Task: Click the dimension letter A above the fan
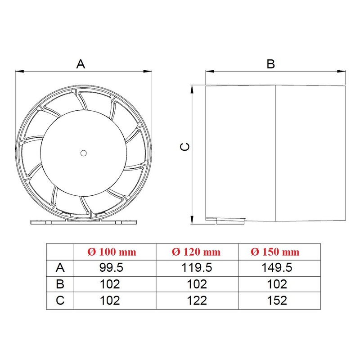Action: pos(81,64)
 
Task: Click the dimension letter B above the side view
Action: pos(270,64)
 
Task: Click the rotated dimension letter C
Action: pos(184,147)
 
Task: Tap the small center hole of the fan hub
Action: pos(83,153)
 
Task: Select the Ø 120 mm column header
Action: pos(196,252)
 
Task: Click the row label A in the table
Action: pos(60,268)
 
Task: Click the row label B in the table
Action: pos(60,284)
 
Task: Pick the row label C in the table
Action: pos(60,301)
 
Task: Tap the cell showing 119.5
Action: pos(196,268)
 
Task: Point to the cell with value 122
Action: pos(196,301)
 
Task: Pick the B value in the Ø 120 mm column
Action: pos(196,284)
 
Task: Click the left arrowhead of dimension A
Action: pos(19,71)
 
